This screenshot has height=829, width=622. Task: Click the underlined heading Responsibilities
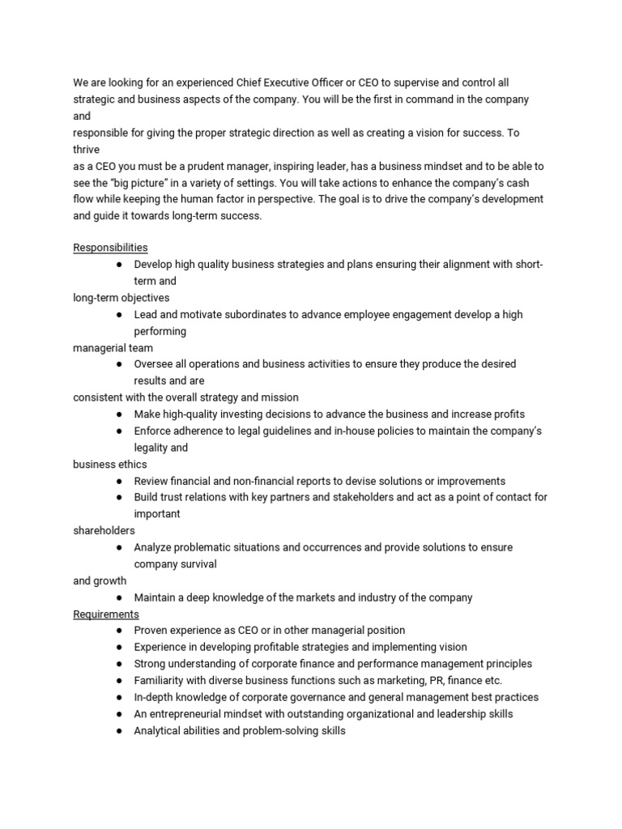tap(110, 248)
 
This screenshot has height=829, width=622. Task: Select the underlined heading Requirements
tap(106, 614)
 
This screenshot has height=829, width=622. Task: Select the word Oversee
tap(154, 364)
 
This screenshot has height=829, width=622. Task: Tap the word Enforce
tap(153, 431)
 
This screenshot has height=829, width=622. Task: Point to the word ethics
tap(130, 465)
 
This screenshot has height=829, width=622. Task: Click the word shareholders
tap(104, 531)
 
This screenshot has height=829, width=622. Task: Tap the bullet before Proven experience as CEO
tap(119, 631)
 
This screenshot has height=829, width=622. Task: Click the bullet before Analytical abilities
tap(119, 731)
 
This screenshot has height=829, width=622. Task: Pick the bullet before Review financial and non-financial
tap(119, 481)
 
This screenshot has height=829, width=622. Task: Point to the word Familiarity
tap(161, 681)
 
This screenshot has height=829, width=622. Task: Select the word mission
tap(279, 397)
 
